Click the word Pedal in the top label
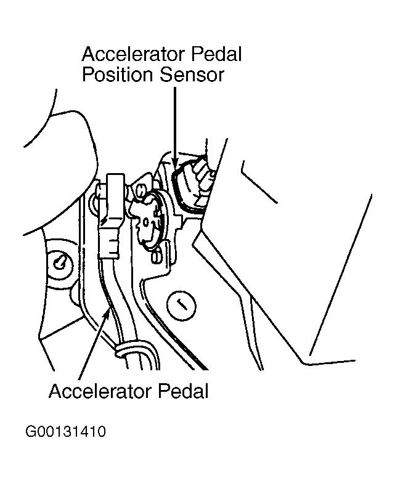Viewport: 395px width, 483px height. [x=216, y=54]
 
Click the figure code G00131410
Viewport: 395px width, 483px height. [x=65, y=431]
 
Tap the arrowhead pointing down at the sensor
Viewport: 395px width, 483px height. [x=175, y=161]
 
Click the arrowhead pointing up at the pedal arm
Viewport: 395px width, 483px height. [x=107, y=314]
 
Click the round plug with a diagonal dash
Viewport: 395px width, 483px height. [x=181, y=305]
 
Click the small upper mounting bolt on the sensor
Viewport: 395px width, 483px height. [x=139, y=191]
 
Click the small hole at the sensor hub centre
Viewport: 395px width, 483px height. [x=146, y=222]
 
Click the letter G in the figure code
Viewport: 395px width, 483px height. [x=30, y=431]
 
